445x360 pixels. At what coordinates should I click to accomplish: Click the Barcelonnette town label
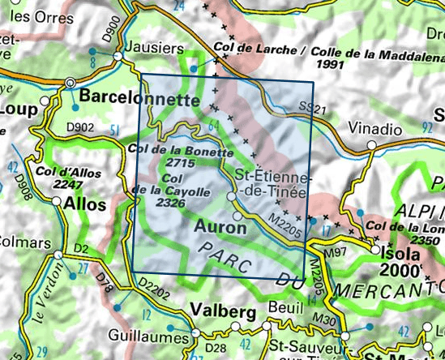[x=139, y=100]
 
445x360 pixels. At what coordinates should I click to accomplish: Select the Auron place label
[x=220, y=229]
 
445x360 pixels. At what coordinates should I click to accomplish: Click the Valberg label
[x=218, y=310]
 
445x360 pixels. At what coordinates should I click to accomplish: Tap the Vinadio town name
[x=374, y=128]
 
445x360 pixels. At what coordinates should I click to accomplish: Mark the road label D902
[x=80, y=127]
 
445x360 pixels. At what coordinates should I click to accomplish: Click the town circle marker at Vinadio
[x=371, y=145]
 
